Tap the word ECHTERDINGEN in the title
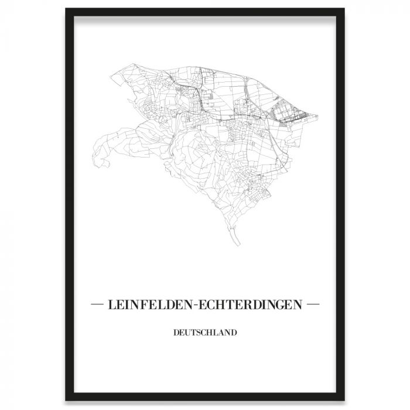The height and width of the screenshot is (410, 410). click(253, 305)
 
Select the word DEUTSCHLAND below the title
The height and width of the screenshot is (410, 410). click(205, 333)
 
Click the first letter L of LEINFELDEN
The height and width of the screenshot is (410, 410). click(111, 305)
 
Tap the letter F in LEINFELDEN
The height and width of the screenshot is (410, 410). click(146, 305)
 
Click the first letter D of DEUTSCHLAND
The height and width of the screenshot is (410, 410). click(176, 333)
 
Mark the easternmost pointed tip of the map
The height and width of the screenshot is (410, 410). click(320, 117)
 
